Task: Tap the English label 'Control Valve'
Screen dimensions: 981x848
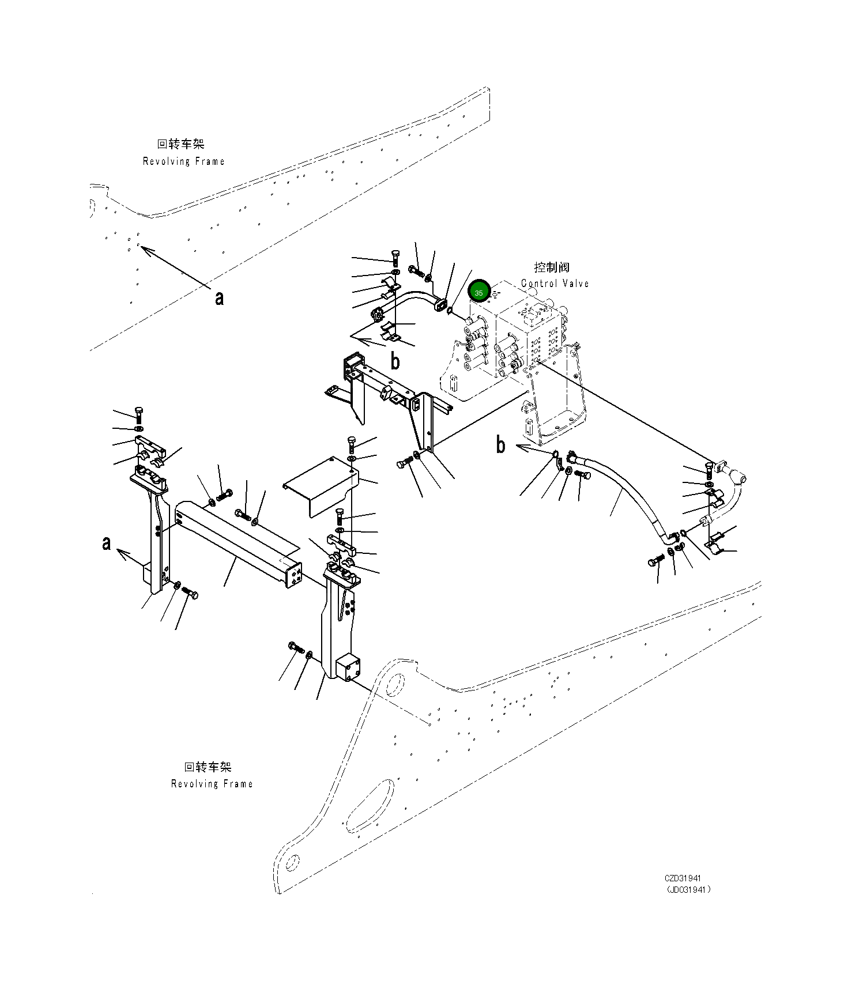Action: pyautogui.click(x=555, y=284)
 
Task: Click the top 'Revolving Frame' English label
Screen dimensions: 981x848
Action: pyautogui.click(x=183, y=161)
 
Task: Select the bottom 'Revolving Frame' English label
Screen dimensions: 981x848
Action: pyautogui.click(x=212, y=784)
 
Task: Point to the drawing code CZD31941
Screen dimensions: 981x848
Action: pyautogui.click(x=683, y=878)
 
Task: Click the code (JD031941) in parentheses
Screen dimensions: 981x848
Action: pyautogui.click(x=688, y=889)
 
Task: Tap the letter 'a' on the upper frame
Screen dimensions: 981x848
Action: pyautogui.click(x=219, y=298)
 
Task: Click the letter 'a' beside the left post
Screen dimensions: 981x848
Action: pyautogui.click(x=106, y=543)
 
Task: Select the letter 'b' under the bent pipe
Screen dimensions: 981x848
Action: pyautogui.click(x=395, y=361)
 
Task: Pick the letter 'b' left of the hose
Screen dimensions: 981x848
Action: pyautogui.click(x=501, y=445)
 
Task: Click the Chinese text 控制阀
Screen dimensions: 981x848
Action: pyautogui.click(x=552, y=267)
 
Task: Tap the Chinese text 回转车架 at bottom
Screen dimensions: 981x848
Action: pyautogui.click(x=208, y=767)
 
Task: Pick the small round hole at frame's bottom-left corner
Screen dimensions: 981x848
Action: pyautogui.click(x=292, y=862)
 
